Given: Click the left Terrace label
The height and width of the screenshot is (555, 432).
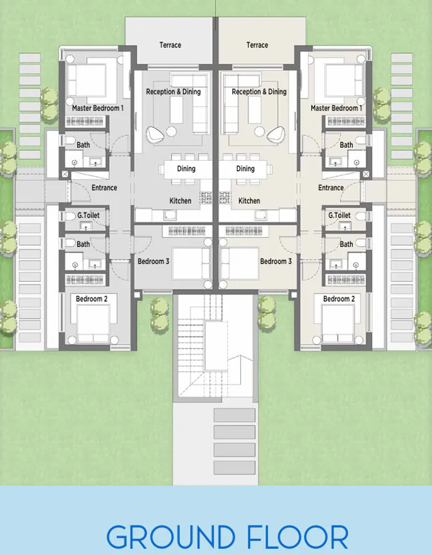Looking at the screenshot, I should (170, 45).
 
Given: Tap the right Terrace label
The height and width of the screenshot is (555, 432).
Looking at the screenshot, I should (257, 45).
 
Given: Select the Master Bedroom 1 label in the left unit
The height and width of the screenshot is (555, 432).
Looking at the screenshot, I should (97, 108).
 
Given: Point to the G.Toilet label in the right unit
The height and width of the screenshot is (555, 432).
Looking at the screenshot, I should (340, 215).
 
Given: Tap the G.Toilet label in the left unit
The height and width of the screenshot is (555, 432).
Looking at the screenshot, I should (88, 215).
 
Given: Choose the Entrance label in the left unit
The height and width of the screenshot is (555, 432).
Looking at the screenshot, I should (104, 187).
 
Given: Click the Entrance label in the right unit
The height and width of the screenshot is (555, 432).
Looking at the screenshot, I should (331, 187).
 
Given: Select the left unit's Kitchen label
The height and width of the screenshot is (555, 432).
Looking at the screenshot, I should (181, 201).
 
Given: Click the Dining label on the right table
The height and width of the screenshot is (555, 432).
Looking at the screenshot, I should (246, 169).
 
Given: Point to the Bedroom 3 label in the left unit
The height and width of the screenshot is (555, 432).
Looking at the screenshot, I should (153, 261).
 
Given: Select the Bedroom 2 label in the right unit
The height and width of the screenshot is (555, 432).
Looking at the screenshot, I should (339, 299).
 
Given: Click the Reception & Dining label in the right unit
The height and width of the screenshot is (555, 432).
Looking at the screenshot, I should (259, 92).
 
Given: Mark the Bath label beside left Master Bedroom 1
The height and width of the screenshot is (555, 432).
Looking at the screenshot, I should (83, 145).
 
